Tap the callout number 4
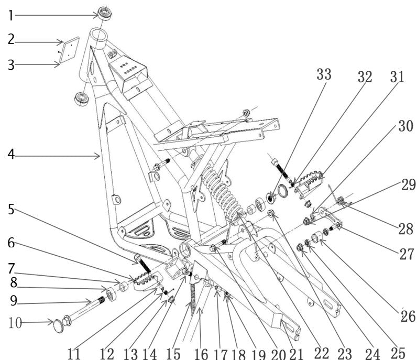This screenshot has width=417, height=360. coord(12,155)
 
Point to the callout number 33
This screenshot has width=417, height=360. coord(323,74)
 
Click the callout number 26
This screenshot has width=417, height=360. coord(407,315)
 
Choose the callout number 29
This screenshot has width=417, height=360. coord(408,185)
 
